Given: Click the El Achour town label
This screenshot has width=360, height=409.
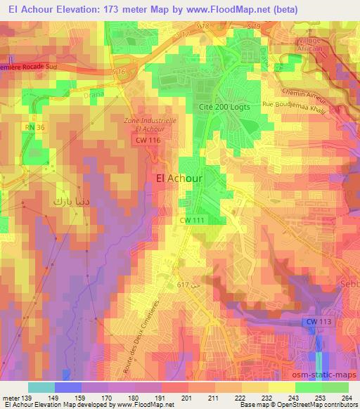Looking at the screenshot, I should (x=178, y=178).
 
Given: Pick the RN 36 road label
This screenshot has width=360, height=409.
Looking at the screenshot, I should (x=34, y=127).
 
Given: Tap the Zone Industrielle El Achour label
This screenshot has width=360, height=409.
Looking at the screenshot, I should (x=148, y=124).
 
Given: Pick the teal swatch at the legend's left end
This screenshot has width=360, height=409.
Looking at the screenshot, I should (x=41, y=387).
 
